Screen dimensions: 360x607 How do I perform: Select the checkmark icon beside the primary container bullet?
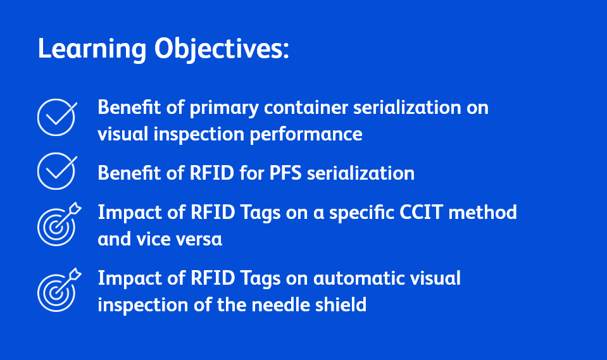point(56,117)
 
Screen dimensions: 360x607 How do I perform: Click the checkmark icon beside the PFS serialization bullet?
point(56,171)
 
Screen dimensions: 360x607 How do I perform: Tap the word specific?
point(366,212)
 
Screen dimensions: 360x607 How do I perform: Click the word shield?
point(342,304)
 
